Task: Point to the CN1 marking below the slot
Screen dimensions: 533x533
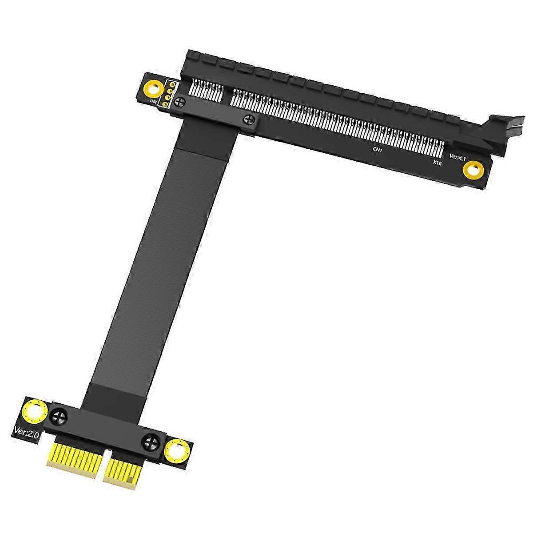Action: tap(378, 151)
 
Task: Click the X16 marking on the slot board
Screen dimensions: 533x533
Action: tap(437, 163)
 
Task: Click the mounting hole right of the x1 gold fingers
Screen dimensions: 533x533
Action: tap(176, 451)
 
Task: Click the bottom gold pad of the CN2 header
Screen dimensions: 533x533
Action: tap(165, 105)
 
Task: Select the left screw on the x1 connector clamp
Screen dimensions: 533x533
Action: tap(60, 417)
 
